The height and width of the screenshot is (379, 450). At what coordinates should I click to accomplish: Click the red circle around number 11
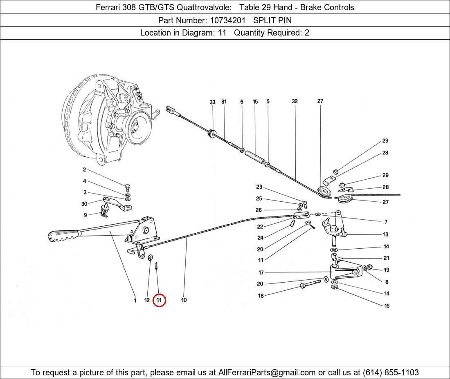click(x=159, y=300)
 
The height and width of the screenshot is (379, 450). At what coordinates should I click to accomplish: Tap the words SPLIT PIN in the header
click(x=272, y=20)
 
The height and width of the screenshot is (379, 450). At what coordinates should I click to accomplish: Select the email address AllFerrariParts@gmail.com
click(x=267, y=372)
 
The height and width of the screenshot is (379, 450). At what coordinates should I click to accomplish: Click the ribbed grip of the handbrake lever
click(x=63, y=236)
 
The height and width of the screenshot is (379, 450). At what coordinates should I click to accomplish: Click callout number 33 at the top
click(x=212, y=102)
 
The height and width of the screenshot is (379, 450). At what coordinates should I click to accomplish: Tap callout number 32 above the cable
click(x=295, y=101)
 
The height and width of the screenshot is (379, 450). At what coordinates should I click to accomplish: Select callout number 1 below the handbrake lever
click(x=135, y=301)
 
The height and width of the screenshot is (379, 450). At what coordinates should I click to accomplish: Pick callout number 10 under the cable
click(x=184, y=300)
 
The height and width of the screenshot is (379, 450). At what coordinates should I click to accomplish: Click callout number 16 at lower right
click(x=387, y=306)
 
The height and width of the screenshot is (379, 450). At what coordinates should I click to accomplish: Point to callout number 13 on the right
click(x=386, y=234)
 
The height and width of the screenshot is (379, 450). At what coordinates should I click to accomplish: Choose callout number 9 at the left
click(x=85, y=215)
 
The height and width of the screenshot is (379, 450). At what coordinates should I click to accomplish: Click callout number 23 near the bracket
click(x=259, y=187)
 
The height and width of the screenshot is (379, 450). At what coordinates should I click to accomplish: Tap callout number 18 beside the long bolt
click(x=261, y=296)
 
